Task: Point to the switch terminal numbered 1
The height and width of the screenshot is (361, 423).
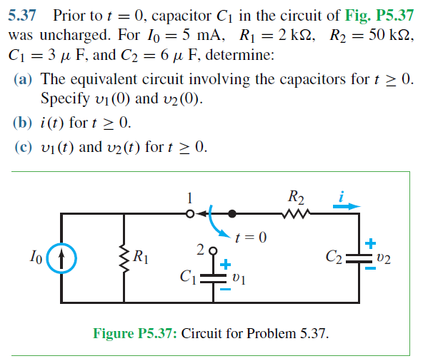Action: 190,213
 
